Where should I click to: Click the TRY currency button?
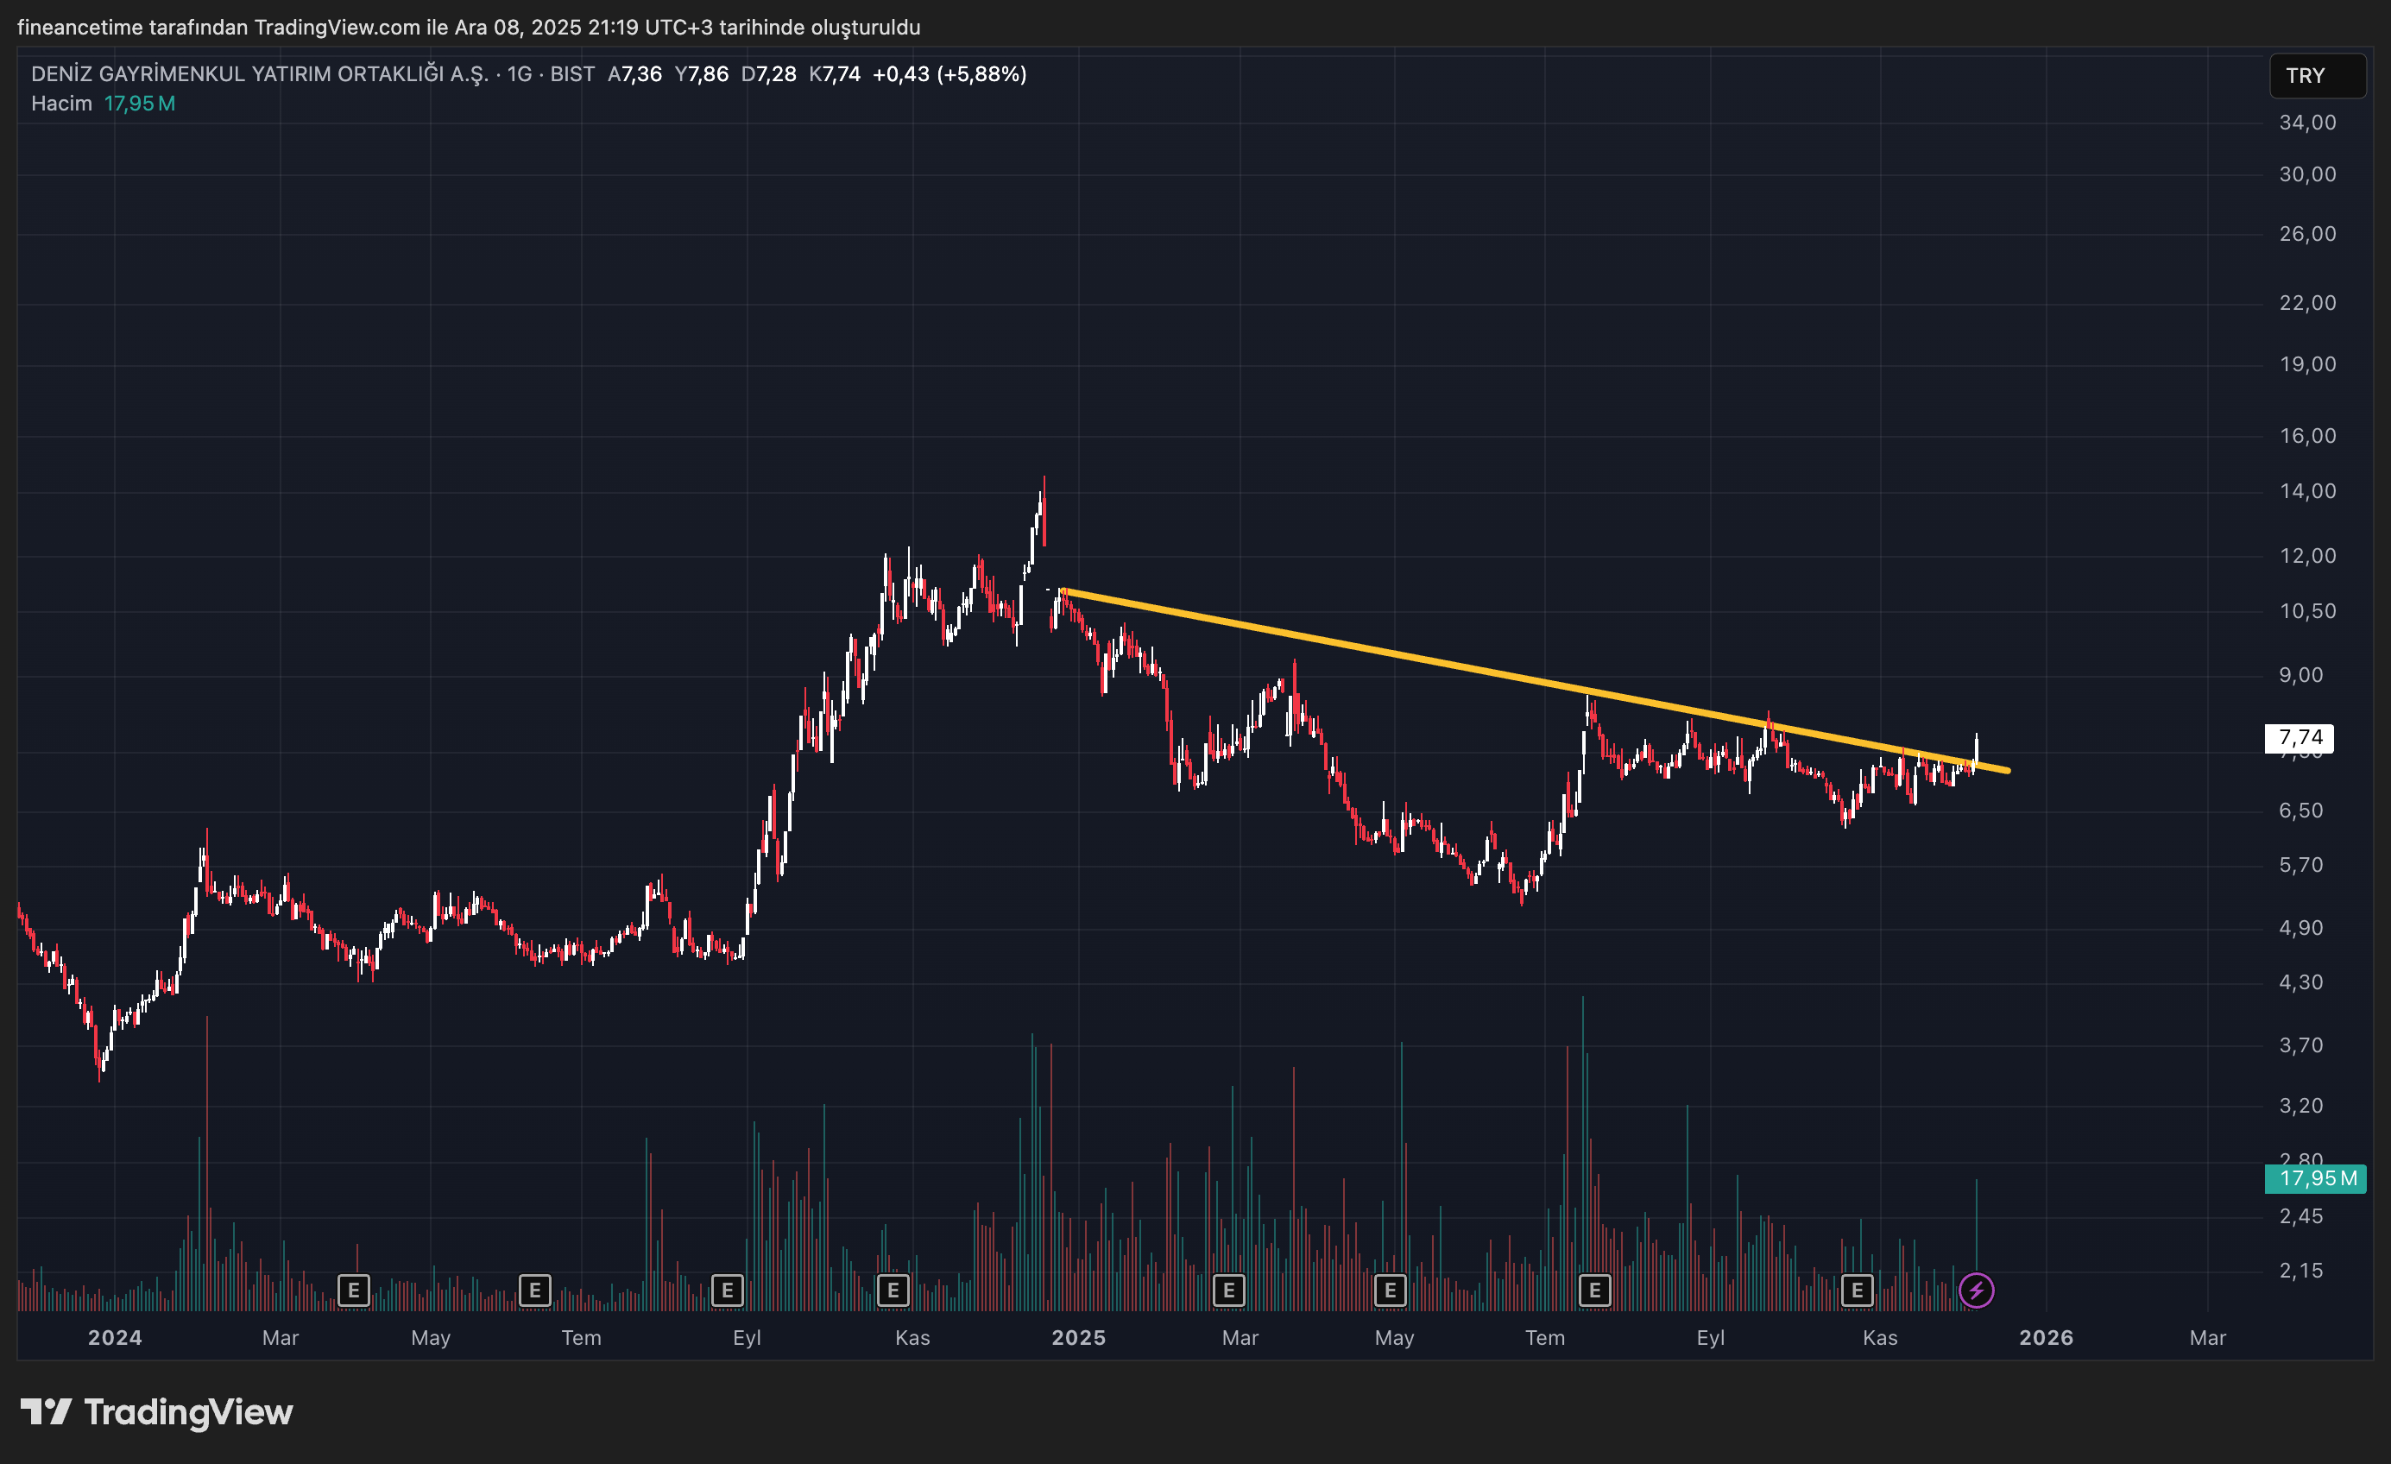coord(2315,76)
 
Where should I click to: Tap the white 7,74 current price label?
coord(2299,737)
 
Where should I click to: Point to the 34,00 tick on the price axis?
coord(2306,123)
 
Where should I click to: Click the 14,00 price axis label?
coord(2306,491)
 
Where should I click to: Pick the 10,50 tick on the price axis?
coord(2306,611)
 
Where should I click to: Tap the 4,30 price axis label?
coord(2300,983)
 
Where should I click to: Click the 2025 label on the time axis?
coord(1078,1338)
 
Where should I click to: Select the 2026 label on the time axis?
coord(2046,1338)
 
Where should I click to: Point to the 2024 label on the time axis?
coord(115,1338)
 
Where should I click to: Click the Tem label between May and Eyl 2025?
coord(1545,1338)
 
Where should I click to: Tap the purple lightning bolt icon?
coord(1976,1290)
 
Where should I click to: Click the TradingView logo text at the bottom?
coord(188,1412)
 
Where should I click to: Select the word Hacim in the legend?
coord(61,104)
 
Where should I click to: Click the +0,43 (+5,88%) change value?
coord(949,75)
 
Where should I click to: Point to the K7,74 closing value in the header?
coord(835,75)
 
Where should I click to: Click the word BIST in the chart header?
coord(572,75)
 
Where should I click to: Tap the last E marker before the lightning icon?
coord(1857,1290)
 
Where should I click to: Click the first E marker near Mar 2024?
coord(353,1290)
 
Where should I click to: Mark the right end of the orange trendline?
coord(2008,772)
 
